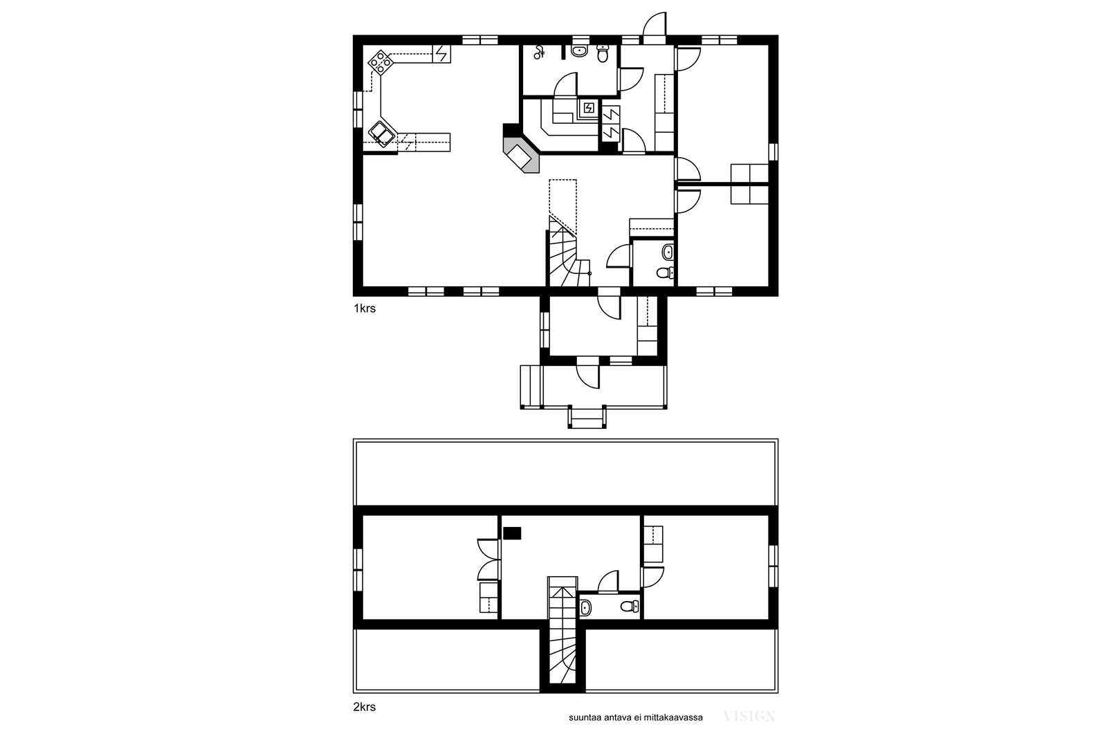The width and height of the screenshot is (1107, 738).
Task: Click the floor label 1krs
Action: [364, 308]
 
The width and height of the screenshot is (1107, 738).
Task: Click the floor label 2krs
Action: [364, 707]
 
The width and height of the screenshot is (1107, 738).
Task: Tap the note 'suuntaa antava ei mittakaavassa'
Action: [636, 718]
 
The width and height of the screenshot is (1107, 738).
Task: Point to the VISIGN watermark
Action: [749, 717]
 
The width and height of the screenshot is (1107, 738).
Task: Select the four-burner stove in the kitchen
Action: [381, 63]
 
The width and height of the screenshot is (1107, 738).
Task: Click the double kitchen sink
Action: [381, 134]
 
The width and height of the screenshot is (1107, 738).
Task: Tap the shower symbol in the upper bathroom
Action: [539, 52]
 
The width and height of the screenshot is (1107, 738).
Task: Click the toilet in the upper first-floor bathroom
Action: [603, 53]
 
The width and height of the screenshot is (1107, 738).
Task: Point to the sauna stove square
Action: [589, 108]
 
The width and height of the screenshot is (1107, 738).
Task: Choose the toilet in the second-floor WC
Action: [630, 606]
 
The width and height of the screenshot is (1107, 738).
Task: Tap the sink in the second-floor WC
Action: [585, 607]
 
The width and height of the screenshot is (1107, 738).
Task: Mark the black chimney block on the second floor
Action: [512, 533]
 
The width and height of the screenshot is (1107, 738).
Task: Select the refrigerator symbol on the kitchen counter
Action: [441, 54]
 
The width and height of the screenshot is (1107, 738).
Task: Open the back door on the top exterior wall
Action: [655, 25]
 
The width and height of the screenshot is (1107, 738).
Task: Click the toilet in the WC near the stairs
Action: [665, 273]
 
